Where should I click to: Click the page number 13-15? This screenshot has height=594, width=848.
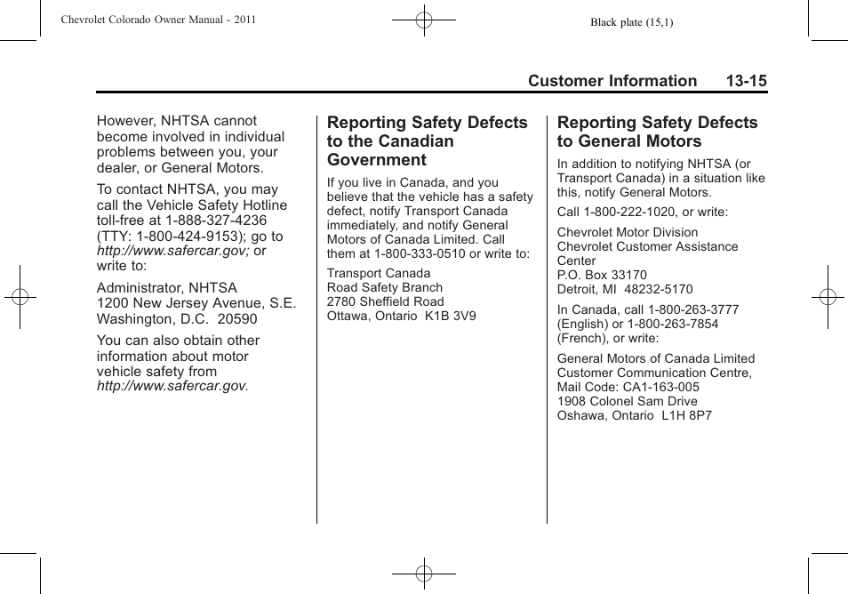click(x=745, y=81)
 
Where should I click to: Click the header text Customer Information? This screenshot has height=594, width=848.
click(x=612, y=81)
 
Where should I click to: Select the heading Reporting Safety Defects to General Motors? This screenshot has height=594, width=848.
click(x=657, y=132)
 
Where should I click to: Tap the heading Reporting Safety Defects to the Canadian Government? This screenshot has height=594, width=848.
click(x=427, y=140)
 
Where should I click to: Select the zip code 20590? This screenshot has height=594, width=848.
click(x=237, y=319)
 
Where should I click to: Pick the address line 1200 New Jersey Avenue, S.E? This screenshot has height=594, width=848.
click(x=196, y=303)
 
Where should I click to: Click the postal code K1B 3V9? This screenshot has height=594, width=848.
click(x=452, y=317)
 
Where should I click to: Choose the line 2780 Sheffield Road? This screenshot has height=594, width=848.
click(x=385, y=302)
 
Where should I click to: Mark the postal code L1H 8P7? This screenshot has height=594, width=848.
click(x=686, y=416)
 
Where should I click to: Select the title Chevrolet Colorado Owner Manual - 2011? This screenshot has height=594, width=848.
click(x=159, y=20)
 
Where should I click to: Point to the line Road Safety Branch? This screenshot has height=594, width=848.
click(x=384, y=288)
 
